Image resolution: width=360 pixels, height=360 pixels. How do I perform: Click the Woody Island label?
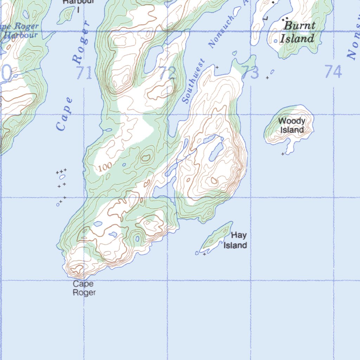pos(291,126)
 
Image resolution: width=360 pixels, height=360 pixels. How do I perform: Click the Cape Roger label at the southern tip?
pos(84,288)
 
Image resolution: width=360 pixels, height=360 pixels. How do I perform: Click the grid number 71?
pos(84,73)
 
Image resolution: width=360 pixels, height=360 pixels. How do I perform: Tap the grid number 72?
pos(167,73)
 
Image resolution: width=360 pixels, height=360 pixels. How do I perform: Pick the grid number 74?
pos(333,72)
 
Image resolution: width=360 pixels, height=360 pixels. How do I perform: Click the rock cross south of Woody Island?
pos(282,154)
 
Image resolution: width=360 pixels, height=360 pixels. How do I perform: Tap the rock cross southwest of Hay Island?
pos(204,254)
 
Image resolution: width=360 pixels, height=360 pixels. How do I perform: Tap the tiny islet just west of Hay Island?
pos(197,253)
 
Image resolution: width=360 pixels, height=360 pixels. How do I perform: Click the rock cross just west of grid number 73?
pos(217,67)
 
